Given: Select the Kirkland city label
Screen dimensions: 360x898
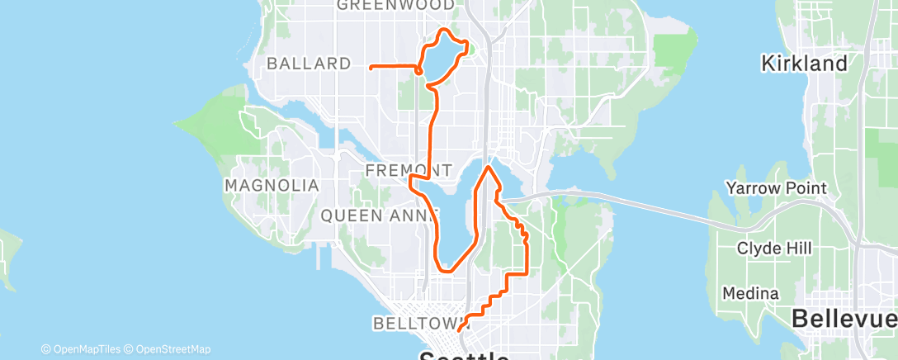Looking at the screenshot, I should pyautogui.click(x=805, y=64).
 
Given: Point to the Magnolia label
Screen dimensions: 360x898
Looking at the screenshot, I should pyautogui.click(x=272, y=186).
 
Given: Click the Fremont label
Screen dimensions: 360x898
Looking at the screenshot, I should pyautogui.click(x=408, y=171).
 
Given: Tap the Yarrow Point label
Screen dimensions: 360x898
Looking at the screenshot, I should pyautogui.click(x=776, y=189).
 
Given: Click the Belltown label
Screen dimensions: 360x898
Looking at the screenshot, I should pyautogui.click(x=410, y=324).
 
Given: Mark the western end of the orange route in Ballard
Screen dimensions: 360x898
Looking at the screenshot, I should pyautogui.click(x=371, y=66).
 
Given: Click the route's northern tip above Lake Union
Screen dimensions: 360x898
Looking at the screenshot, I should pyautogui.click(x=489, y=167).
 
